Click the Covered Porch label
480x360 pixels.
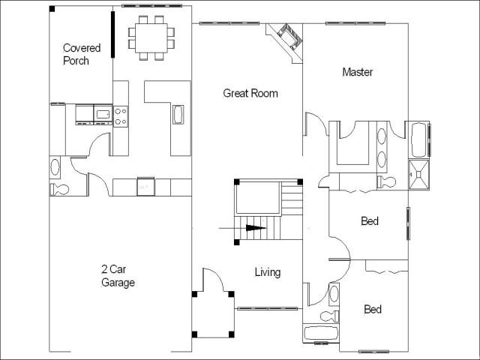82,54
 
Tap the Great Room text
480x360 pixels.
250,93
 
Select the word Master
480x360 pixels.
358,72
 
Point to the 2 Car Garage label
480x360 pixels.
118,276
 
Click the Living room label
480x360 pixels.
268,272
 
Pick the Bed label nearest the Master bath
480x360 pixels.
370,220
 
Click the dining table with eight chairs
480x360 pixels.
151,37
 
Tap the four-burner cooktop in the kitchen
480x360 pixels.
121,116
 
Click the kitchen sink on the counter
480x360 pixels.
178,115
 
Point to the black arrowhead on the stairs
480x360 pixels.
256,228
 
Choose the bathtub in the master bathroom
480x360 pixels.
418,140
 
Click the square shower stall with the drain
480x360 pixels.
419,174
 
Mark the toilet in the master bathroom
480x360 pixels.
386,181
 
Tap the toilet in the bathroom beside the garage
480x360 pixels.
59,190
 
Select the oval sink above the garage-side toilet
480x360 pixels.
55,166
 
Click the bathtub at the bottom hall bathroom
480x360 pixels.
321,333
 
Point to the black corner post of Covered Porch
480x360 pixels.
52,9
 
